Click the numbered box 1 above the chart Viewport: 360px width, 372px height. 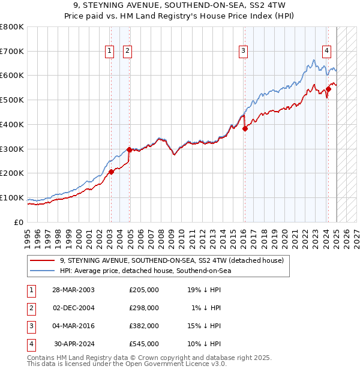pyautogui.click(x=110, y=52)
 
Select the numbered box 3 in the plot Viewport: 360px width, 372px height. pyautogui.click(x=243, y=52)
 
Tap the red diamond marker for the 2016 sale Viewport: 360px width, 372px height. pyautogui.click(x=245, y=128)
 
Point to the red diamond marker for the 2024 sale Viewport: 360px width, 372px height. pyautogui.click(x=329, y=89)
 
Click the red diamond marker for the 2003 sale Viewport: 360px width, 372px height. pyautogui.click(x=111, y=172)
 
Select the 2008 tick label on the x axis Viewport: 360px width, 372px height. pyautogui.click(x=159, y=234)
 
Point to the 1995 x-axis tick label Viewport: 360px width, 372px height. pyautogui.click(x=28, y=234)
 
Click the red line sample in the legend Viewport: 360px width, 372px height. pyautogui.click(x=41, y=260)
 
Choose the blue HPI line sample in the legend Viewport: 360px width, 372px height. pyautogui.click(x=41, y=271)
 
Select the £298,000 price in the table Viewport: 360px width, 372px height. pyautogui.click(x=144, y=308)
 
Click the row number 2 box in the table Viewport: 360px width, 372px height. pyautogui.click(x=30, y=308)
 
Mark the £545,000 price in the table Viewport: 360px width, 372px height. pyautogui.click(x=144, y=344)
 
